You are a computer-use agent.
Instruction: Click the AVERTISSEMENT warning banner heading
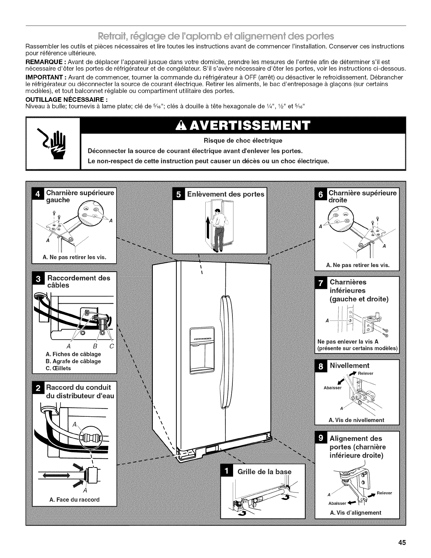click(243, 125)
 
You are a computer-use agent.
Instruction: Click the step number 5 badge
click(179, 194)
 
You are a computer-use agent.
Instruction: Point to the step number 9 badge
click(321, 438)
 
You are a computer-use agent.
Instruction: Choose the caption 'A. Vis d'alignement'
click(355, 513)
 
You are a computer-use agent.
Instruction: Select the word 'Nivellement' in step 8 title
click(350, 365)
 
